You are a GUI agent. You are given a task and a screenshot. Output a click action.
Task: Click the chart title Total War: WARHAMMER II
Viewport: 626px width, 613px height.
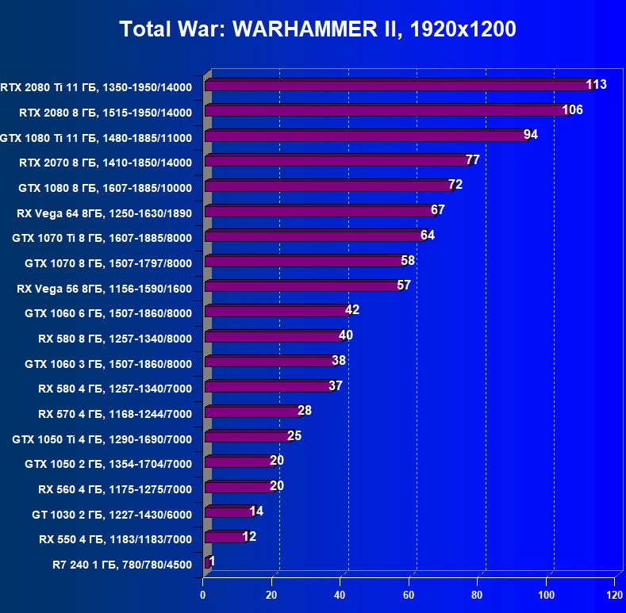(x=317, y=29)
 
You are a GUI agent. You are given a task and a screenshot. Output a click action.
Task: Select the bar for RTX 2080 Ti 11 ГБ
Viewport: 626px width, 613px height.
(x=397, y=85)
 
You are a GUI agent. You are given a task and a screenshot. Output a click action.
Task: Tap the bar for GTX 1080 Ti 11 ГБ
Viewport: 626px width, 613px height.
(x=365, y=136)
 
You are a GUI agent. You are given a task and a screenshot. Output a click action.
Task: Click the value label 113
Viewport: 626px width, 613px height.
(x=596, y=84)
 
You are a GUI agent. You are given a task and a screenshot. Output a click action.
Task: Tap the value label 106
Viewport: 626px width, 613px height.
(x=571, y=109)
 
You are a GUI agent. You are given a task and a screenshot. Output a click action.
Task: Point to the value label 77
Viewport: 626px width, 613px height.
(x=472, y=159)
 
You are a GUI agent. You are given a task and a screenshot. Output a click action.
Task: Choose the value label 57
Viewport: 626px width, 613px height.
(x=403, y=285)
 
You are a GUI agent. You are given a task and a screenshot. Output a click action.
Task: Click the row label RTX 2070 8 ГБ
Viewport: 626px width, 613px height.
(x=106, y=163)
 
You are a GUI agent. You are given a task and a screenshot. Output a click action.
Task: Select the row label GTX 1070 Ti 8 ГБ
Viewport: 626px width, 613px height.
(x=102, y=237)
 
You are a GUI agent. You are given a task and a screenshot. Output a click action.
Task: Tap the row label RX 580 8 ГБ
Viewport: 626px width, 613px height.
(x=115, y=338)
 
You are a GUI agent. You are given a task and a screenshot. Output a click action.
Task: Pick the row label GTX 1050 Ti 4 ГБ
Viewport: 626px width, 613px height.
(x=102, y=439)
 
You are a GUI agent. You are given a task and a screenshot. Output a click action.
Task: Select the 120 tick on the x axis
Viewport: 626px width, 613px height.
(x=613, y=594)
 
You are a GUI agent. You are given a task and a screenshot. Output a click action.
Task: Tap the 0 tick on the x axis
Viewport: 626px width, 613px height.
(x=203, y=594)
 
